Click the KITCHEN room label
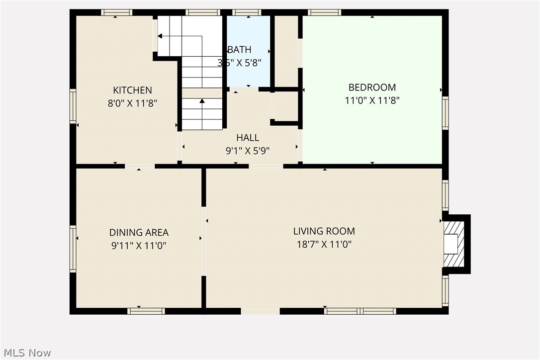click(x=133, y=90)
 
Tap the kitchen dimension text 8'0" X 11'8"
click(x=133, y=103)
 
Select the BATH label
click(x=240, y=50)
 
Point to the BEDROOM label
click(x=372, y=88)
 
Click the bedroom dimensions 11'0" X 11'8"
click(x=372, y=100)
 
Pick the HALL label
click(x=248, y=138)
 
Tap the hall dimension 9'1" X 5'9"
click(x=248, y=151)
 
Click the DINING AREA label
click(x=139, y=233)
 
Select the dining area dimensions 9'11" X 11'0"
click(x=139, y=246)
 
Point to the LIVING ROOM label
click(x=324, y=231)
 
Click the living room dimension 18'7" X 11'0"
click(x=324, y=244)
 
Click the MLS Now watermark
click(x=27, y=353)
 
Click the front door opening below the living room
click(x=260, y=311)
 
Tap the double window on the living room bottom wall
click(x=360, y=311)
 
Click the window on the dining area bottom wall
click(x=146, y=311)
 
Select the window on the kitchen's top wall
click(x=117, y=12)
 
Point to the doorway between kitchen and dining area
click(x=140, y=166)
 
